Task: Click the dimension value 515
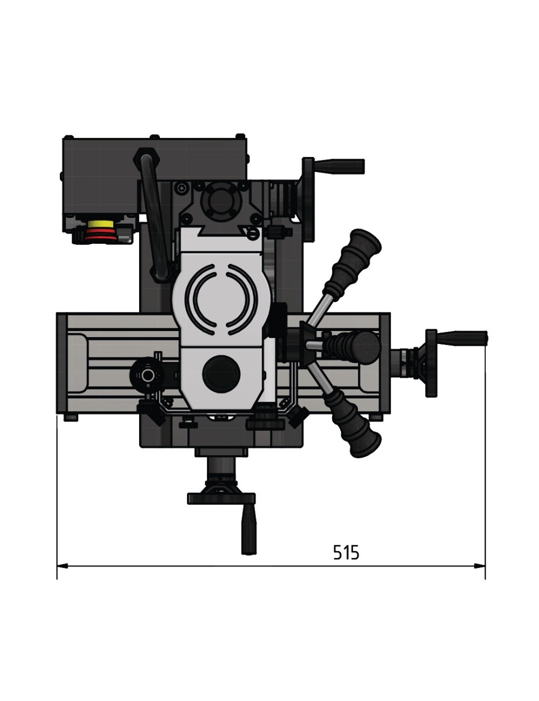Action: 345,552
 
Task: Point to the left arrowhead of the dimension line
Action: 63,566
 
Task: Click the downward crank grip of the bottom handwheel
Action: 247,534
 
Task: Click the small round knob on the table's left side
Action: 147,375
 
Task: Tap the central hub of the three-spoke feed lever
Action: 311,344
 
